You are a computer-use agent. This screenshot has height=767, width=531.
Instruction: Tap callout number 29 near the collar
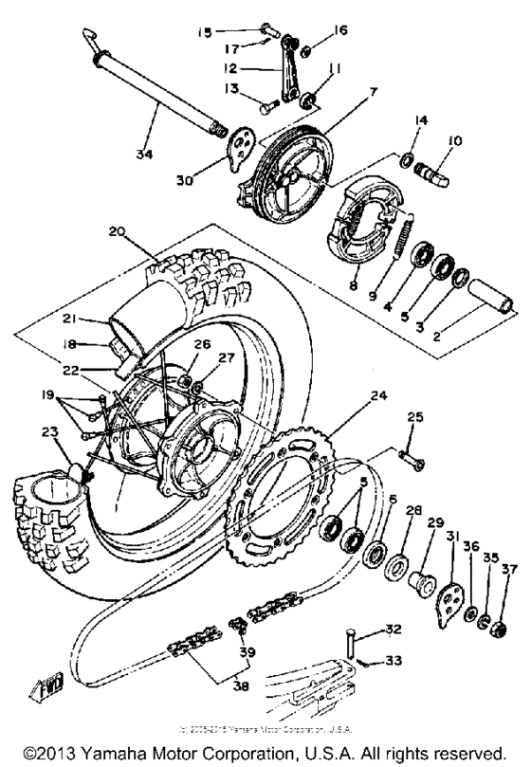pyautogui.click(x=435, y=522)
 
